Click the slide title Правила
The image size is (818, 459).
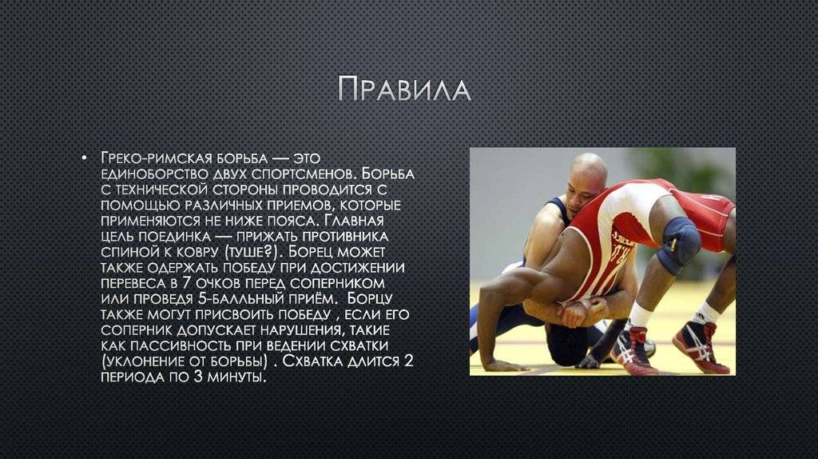pyautogui.click(x=404, y=89)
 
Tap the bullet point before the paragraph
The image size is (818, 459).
pyautogui.click(x=84, y=158)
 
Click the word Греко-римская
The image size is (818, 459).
pyautogui.click(x=156, y=158)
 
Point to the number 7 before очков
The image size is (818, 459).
pyautogui.click(x=186, y=283)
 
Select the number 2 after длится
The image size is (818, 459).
pyautogui.click(x=408, y=361)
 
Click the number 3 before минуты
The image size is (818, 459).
pyautogui.click(x=198, y=377)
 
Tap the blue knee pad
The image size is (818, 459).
pyautogui.click(x=677, y=245)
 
